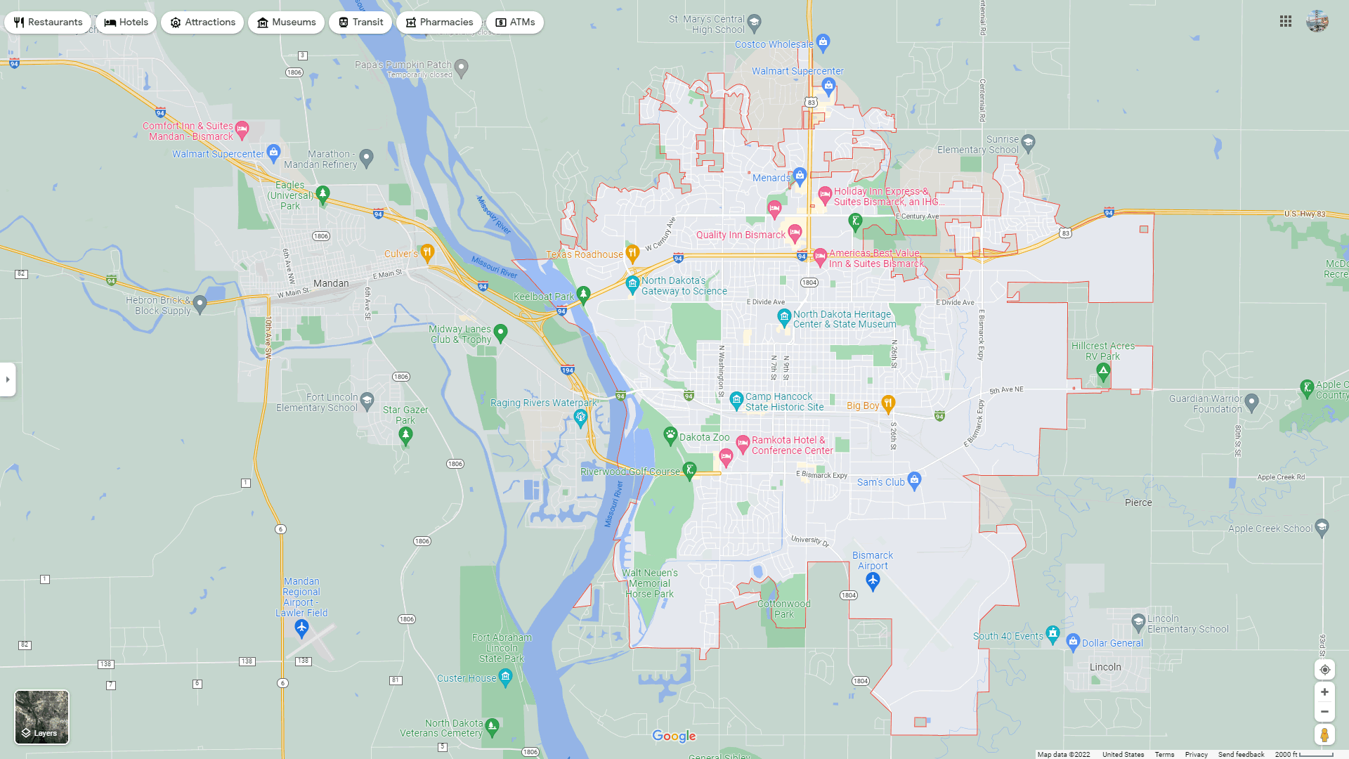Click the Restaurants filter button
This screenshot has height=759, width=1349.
click(48, 22)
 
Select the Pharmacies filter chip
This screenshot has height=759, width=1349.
click(439, 22)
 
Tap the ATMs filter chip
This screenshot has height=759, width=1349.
click(515, 22)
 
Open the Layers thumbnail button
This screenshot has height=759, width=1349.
click(42, 717)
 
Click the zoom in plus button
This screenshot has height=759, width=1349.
click(1324, 692)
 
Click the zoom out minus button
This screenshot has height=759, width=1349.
click(1324, 712)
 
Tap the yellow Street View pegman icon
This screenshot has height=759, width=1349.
click(1324, 735)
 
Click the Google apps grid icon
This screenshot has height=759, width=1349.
click(1286, 22)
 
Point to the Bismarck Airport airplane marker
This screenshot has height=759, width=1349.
click(873, 580)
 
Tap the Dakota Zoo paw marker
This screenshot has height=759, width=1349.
click(670, 436)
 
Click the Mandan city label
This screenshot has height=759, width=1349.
click(331, 283)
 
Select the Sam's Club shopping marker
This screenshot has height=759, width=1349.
click(914, 480)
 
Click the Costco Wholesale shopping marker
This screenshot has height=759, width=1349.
click(823, 42)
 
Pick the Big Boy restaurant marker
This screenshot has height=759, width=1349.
click(888, 403)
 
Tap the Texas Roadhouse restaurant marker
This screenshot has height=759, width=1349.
click(632, 253)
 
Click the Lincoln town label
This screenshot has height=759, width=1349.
click(1105, 667)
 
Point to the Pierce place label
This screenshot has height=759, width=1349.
click(1138, 502)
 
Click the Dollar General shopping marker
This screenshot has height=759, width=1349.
click(1073, 641)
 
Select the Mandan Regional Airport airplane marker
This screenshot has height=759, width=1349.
click(301, 628)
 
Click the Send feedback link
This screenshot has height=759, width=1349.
click(1241, 755)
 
